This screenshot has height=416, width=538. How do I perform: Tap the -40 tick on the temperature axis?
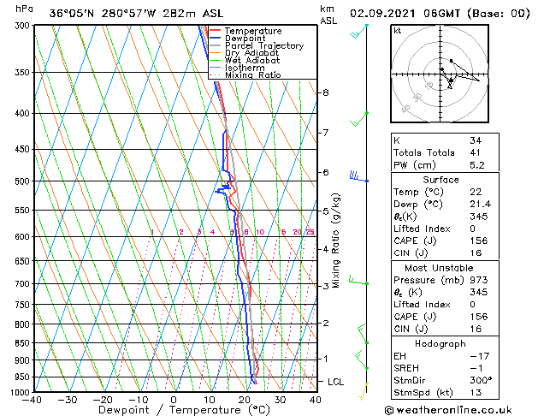[x=33, y=400]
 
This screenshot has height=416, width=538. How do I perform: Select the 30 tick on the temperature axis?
[x=280, y=400]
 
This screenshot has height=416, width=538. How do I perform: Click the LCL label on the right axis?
[x=336, y=381]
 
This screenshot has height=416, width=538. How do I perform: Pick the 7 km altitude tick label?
[x=326, y=133]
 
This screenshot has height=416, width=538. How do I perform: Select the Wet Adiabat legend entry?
[x=251, y=61]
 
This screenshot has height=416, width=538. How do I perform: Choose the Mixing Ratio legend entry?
[x=252, y=75]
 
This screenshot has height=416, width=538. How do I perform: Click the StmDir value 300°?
[x=480, y=380]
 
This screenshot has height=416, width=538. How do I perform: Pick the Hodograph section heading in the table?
[x=440, y=343]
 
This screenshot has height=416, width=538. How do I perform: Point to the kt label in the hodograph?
[x=398, y=31]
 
